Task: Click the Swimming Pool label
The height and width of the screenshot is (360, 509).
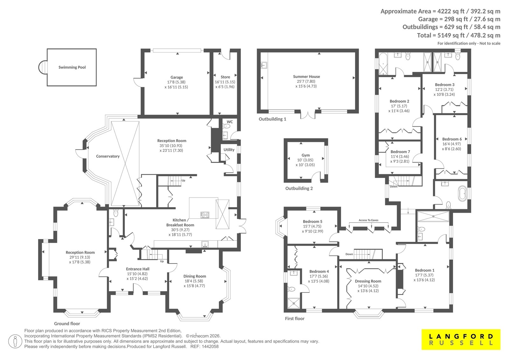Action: click(x=72, y=67)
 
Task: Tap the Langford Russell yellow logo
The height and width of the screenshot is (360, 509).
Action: click(x=461, y=339)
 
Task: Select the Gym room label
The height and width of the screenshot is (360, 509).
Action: click(x=306, y=155)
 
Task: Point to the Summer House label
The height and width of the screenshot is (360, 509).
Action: click(x=306, y=76)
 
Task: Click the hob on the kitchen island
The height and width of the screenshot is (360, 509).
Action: click(x=205, y=215)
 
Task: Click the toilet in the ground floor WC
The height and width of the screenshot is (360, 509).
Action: click(x=226, y=126)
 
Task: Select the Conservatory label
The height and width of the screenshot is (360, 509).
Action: click(x=108, y=156)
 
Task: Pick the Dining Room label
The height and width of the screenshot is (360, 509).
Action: click(x=195, y=276)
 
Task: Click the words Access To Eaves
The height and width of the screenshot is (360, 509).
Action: click(x=369, y=220)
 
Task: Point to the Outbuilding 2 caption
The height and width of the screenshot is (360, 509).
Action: click(x=299, y=188)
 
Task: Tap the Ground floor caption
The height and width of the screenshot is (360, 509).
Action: click(x=67, y=323)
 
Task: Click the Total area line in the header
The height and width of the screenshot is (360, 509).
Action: click(x=458, y=35)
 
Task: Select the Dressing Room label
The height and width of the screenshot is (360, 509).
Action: click(x=368, y=281)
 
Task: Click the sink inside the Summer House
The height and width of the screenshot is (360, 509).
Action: click(x=264, y=65)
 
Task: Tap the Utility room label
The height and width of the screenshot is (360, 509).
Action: click(x=229, y=150)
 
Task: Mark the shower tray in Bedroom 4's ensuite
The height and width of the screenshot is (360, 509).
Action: click(x=294, y=303)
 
